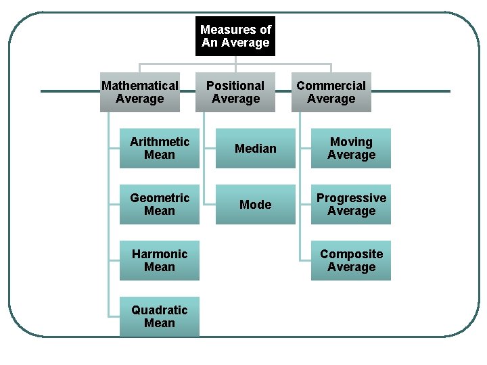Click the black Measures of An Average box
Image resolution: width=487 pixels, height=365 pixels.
pos(235,36)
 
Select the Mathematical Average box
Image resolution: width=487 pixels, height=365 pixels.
pos(139,92)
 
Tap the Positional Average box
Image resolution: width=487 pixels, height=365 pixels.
pos(235,92)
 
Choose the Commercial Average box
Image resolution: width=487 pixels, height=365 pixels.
pos(331,92)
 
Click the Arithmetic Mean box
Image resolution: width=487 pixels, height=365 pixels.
pos(160,148)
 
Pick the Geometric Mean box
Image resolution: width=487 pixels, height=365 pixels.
pos(160,204)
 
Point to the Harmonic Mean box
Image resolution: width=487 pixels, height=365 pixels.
pos(160,260)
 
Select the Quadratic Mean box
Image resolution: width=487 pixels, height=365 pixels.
pos(160,316)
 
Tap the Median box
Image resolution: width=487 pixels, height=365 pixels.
pos(256,148)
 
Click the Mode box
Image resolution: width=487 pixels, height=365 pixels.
pos(256,204)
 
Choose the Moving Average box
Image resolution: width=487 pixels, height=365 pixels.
pos(351,148)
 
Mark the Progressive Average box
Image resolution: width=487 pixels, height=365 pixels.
pos(351,204)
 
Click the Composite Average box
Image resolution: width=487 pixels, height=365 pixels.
pos(351,260)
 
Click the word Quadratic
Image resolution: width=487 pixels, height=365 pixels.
pos(160,310)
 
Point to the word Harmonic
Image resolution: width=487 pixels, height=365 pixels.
pos(160,254)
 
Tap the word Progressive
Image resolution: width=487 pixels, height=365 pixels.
pos(351,198)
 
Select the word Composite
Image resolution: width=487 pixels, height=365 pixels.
pos(351,254)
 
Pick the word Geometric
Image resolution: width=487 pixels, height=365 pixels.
pos(160,198)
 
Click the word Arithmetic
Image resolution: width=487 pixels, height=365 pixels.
pos(160,142)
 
